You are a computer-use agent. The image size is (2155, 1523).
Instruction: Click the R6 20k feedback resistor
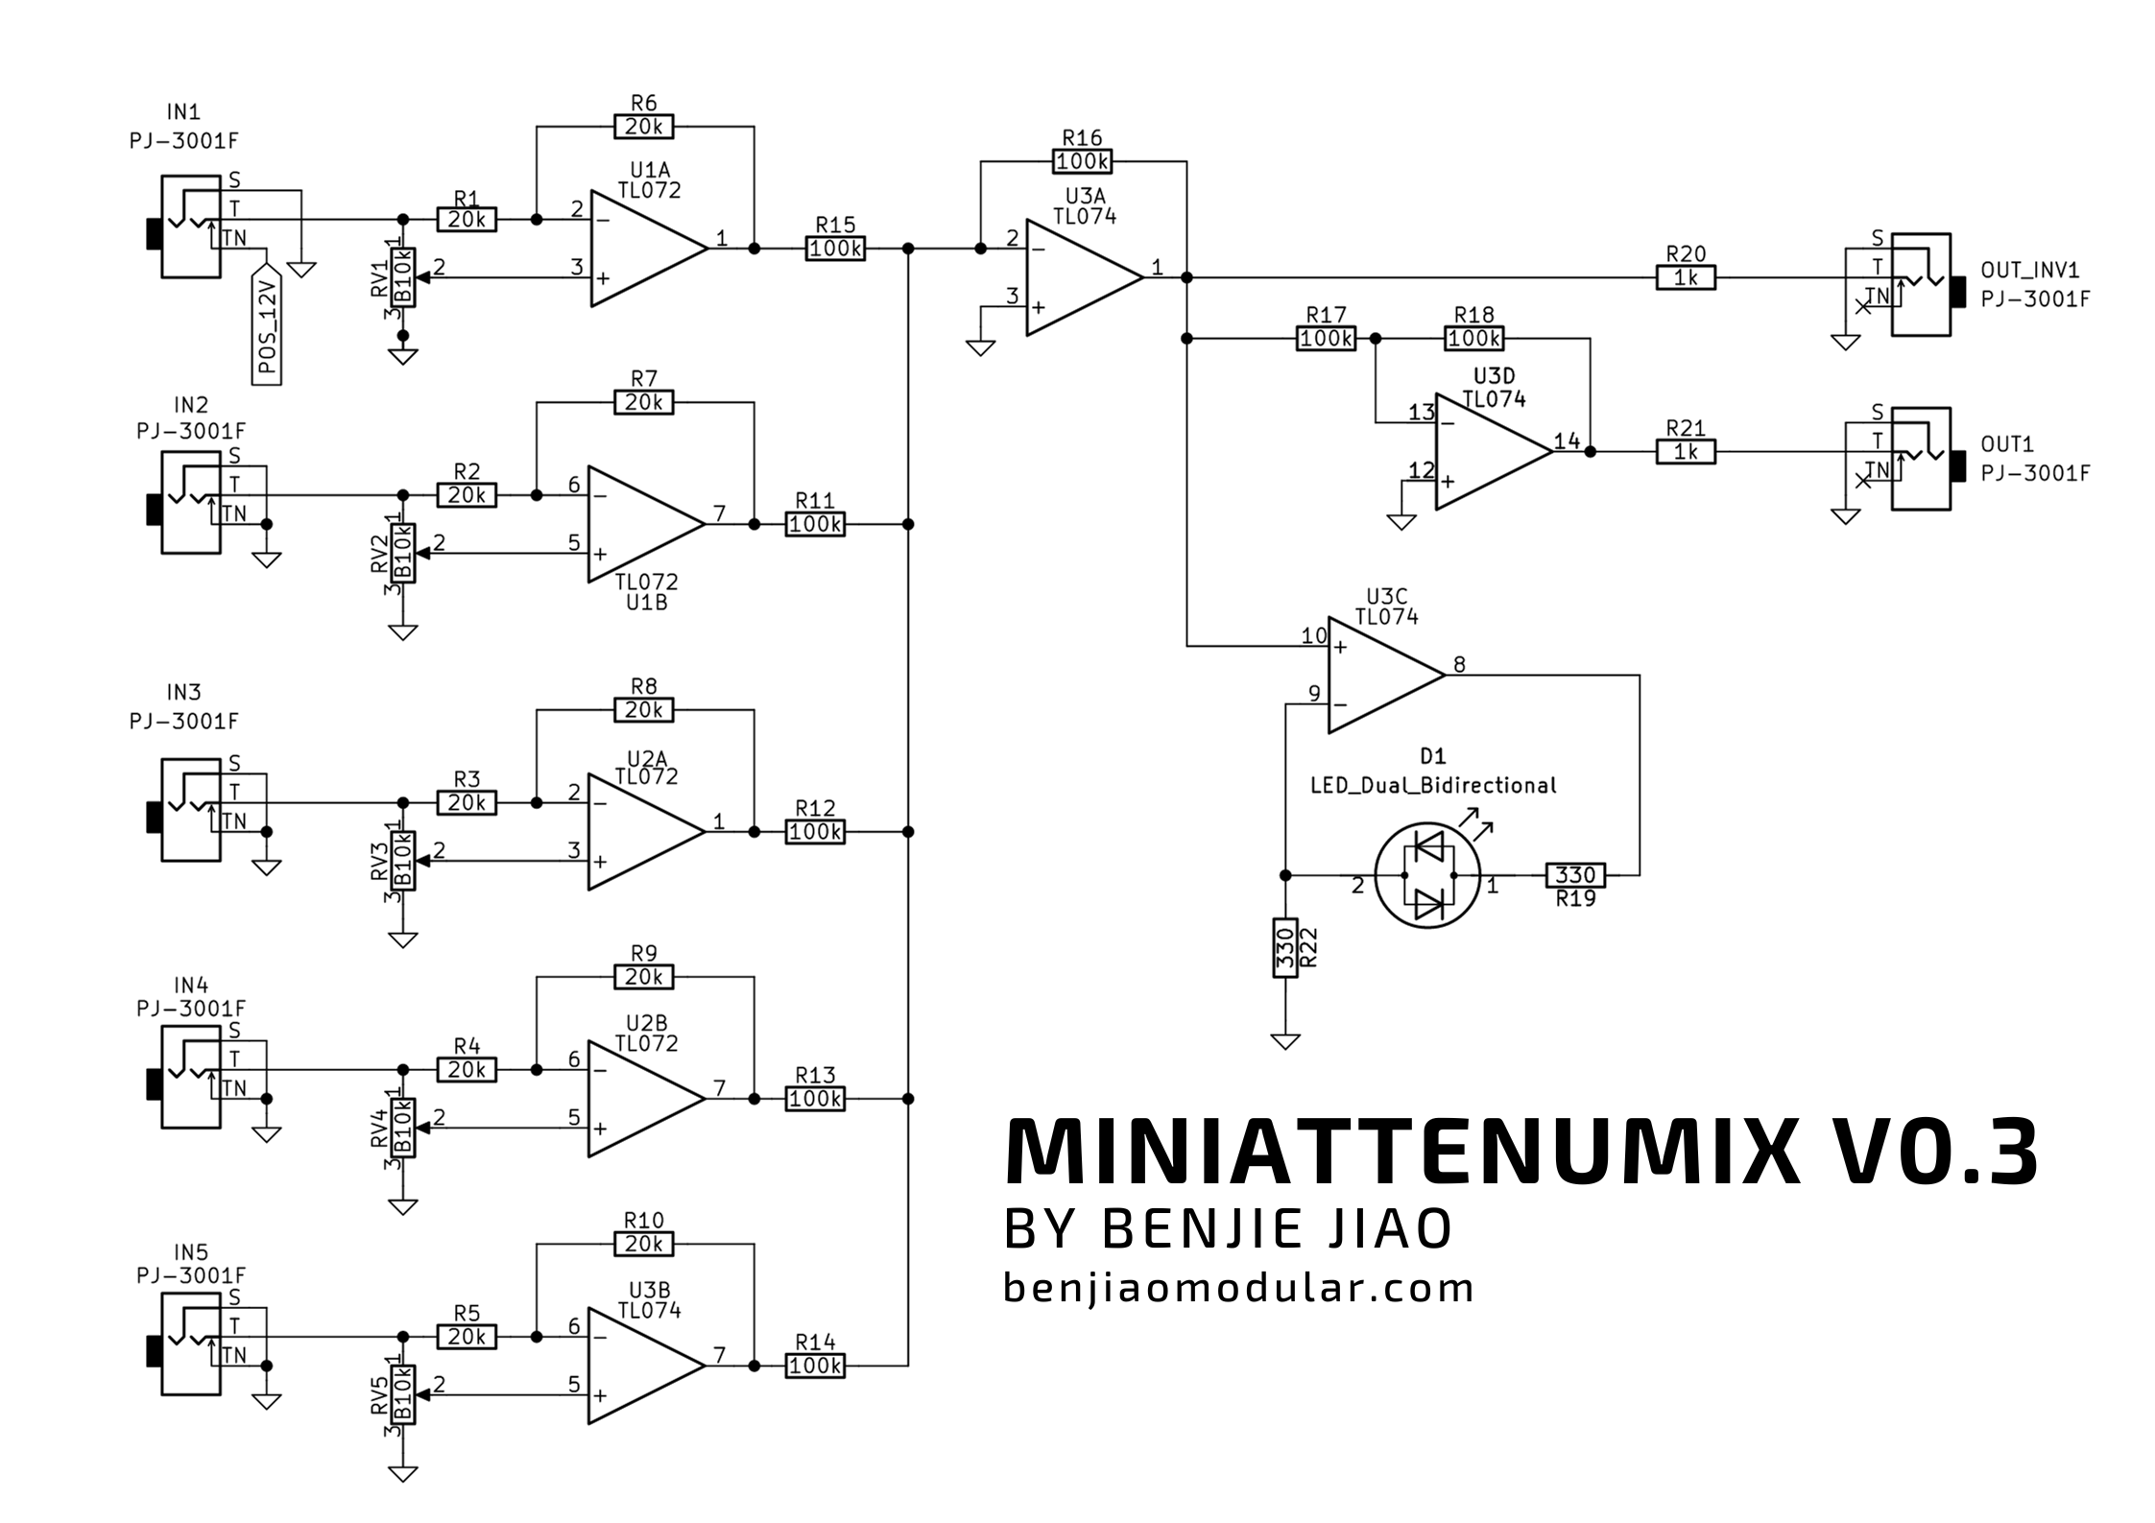click(643, 126)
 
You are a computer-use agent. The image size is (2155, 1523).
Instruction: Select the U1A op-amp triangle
click(649, 249)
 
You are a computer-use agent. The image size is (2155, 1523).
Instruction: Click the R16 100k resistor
click(1082, 161)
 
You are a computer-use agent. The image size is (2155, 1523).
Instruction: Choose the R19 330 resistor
click(1575, 875)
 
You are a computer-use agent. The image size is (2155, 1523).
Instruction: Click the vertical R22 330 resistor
click(1285, 947)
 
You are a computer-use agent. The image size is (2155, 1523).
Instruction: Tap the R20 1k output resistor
click(1686, 278)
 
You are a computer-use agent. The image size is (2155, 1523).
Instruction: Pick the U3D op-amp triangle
click(1494, 451)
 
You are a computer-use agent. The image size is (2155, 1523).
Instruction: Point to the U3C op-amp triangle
click(1386, 675)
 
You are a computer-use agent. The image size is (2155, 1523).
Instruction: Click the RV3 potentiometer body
click(403, 860)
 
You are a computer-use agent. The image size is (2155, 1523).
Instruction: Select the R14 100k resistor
click(815, 1365)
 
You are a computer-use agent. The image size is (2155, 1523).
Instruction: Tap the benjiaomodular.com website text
click(1238, 1288)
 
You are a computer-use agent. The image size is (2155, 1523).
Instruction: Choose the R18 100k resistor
click(1473, 338)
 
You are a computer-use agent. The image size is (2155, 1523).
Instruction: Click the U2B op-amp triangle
click(647, 1098)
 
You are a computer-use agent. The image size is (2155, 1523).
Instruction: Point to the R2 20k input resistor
click(467, 495)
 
